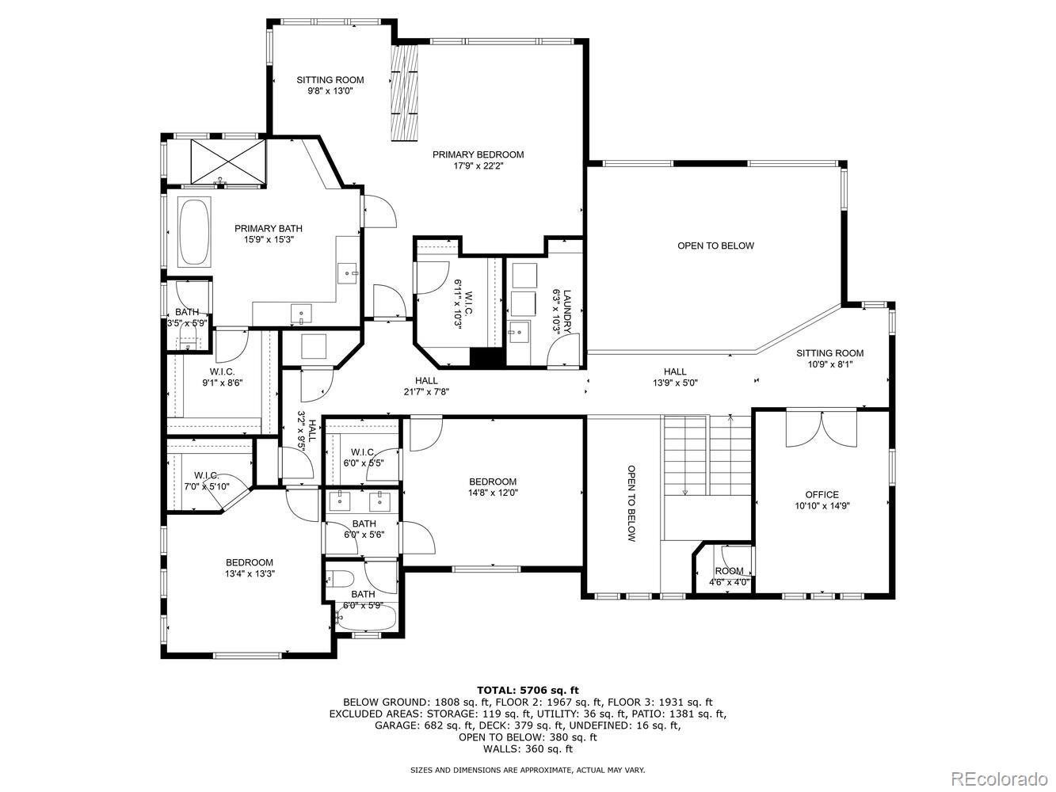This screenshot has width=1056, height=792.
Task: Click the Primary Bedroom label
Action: pyautogui.click(x=478, y=155)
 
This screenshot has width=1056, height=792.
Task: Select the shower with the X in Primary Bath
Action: pyautogui.click(x=227, y=161)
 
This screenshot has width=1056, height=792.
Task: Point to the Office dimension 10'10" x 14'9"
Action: pyautogui.click(x=822, y=505)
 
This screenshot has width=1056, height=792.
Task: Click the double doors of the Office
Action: pyautogui.click(x=822, y=428)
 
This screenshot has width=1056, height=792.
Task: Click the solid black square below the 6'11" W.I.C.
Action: pyautogui.click(x=487, y=357)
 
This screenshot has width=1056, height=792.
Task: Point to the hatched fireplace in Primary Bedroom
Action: pyautogui.click(x=405, y=92)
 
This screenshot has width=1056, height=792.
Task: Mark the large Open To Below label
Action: pyautogui.click(x=715, y=246)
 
